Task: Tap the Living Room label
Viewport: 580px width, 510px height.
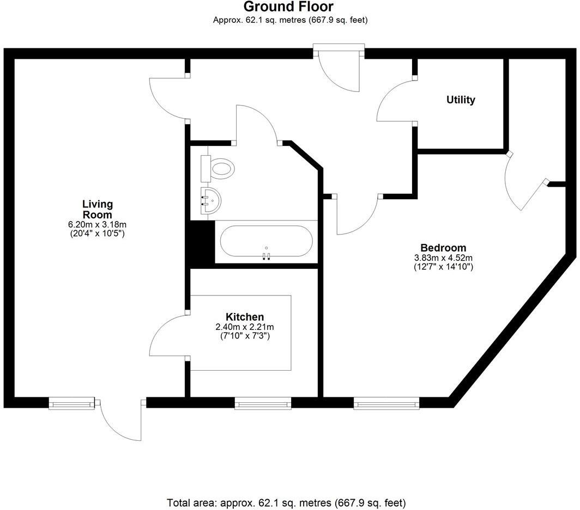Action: pos(98,210)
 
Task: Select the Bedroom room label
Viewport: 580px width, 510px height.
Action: pos(443,248)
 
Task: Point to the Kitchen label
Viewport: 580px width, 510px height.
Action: pos(245,317)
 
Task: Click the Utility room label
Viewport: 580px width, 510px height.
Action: pos(461,100)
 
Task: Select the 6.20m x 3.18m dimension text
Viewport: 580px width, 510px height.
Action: pos(98,224)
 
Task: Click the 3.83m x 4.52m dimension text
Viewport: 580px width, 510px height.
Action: pos(443,258)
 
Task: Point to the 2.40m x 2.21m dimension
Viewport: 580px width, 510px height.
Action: pos(245,327)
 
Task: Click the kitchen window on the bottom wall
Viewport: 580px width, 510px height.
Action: pos(263,403)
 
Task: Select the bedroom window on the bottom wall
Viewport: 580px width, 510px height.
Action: pos(386,403)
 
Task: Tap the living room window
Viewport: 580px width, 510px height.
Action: pos(68,403)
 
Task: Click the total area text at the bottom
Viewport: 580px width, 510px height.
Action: pos(286,503)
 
